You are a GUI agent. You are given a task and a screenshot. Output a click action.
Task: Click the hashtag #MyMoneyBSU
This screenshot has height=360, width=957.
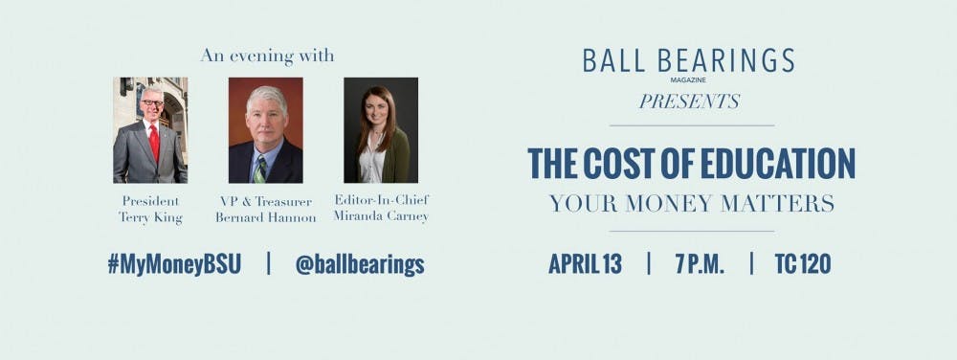pos(174,264)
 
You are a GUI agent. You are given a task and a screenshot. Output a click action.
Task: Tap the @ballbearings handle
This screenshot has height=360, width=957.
pos(359,264)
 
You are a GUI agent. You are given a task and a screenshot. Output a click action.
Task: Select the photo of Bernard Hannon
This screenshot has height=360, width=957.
pos(265,130)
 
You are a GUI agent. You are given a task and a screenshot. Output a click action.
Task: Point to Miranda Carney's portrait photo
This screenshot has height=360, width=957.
pos(381,130)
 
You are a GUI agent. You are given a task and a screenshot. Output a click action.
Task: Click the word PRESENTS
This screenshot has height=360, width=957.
pos(690,101)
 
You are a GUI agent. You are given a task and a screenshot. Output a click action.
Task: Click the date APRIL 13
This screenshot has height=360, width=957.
pos(585,264)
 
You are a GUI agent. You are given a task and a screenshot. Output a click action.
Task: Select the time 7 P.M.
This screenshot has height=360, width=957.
pos(699,264)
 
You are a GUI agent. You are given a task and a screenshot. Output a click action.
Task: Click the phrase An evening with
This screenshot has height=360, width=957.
pos(267,56)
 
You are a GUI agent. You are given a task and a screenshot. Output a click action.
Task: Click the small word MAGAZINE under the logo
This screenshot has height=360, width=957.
pos(689,80)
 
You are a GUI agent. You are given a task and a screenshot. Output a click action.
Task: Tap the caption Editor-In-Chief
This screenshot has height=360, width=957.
pos(382,199)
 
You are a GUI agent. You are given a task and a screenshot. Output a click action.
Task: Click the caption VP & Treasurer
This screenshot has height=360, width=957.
pos(266,200)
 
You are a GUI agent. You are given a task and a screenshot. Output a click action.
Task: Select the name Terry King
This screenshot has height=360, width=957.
pos(150,217)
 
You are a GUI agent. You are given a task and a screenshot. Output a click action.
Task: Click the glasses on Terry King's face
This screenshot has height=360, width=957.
pos(151,102)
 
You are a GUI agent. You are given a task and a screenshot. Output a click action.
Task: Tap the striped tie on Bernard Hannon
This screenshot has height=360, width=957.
pos(259,167)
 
